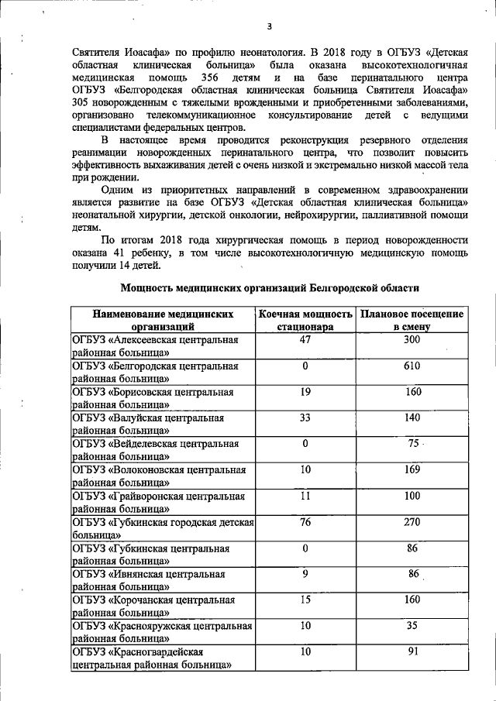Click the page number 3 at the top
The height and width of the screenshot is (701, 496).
pos(269,26)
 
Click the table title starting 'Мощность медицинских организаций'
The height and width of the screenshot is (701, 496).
pos(270,288)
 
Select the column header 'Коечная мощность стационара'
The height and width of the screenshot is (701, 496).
pos(305,321)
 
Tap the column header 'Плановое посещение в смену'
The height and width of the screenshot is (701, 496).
pos(411,321)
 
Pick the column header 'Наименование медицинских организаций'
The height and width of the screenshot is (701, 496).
pos(163,321)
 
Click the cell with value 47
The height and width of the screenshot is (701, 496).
pos(305,340)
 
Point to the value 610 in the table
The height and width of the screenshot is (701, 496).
pos(412,366)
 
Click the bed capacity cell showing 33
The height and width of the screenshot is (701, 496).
pos(305,418)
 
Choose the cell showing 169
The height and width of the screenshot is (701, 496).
pos(412,469)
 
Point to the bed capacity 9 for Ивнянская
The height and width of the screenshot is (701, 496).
pos(305,574)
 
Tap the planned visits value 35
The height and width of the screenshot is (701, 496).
pos(412,625)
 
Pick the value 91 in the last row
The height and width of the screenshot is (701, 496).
pos(412,651)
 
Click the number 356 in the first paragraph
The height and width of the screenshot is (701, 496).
pos(213,79)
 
